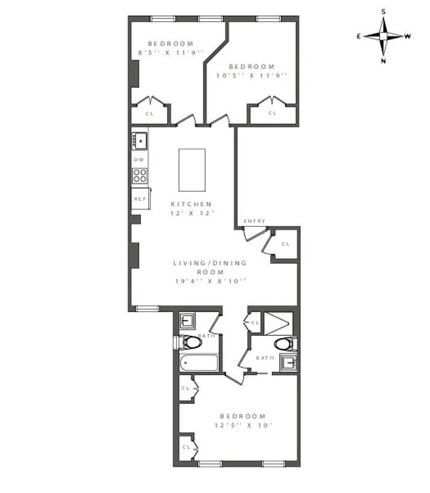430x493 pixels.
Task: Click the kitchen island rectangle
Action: tap(192, 170)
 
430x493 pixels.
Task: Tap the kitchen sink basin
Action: tap(140, 141)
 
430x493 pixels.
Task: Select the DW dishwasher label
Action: tap(139, 159)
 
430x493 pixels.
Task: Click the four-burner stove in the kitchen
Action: tap(140, 176)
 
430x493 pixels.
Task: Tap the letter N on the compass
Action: tap(383, 61)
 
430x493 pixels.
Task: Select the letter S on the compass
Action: tap(383, 12)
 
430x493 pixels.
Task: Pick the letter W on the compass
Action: tap(408, 36)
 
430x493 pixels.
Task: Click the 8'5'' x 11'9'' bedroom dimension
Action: tap(171, 53)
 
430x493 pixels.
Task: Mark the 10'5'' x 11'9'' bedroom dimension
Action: tap(251, 76)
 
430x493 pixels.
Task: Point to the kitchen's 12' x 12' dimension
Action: tap(192, 213)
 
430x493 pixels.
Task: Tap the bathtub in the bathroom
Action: tap(198, 362)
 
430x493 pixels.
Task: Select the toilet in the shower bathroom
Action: tap(285, 344)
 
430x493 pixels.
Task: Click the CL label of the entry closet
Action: tap(285, 244)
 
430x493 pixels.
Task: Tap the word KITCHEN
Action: tap(192, 204)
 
